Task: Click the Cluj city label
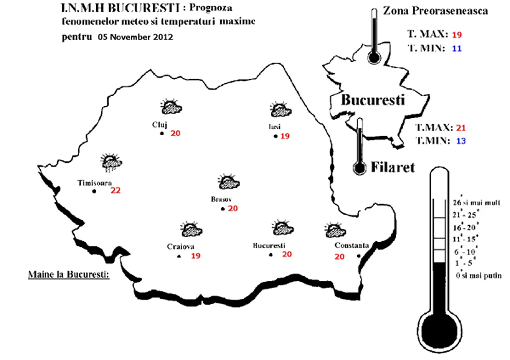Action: (x=160, y=124)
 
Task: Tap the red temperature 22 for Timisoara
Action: (x=115, y=190)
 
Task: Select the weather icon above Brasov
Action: (x=228, y=182)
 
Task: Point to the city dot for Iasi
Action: (x=275, y=136)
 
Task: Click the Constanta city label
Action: (x=351, y=245)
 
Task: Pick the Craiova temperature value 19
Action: (x=196, y=256)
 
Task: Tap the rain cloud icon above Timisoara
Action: (x=112, y=163)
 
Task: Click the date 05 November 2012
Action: (x=135, y=37)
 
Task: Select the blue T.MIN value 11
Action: (x=456, y=49)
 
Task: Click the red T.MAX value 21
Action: (x=461, y=128)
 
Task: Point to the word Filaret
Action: (x=393, y=167)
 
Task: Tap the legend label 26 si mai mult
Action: (x=477, y=203)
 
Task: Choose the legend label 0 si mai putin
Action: (x=479, y=276)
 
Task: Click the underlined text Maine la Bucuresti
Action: (x=68, y=275)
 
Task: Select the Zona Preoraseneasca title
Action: (x=435, y=11)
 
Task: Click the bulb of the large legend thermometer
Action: (x=439, y=331)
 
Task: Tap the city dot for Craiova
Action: (x=179, y=257)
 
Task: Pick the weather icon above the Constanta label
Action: (x=335, y=230)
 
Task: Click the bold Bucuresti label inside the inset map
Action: (x=373, y=100)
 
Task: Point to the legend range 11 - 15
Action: (x=465, y=240)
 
